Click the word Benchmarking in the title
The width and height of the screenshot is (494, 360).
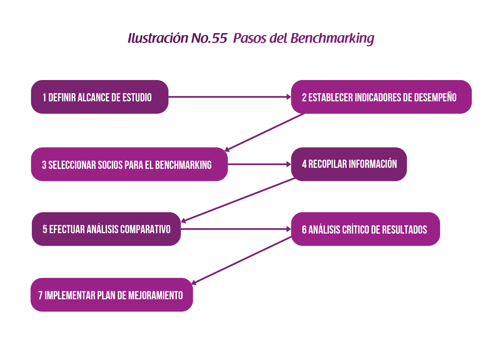point(332,39)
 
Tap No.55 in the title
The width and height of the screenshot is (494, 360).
point(209,39)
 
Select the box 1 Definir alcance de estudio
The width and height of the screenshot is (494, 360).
point(99,97)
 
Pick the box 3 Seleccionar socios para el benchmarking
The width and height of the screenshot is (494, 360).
point(129,165)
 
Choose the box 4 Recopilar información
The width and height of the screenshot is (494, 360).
point(349,164)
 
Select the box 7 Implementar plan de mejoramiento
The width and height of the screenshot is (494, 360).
point(111,295)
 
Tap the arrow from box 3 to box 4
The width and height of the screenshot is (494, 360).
point(259,164)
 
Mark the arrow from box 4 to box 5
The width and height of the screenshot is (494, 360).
point(238,199)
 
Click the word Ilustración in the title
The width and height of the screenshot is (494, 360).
point(158,39)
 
